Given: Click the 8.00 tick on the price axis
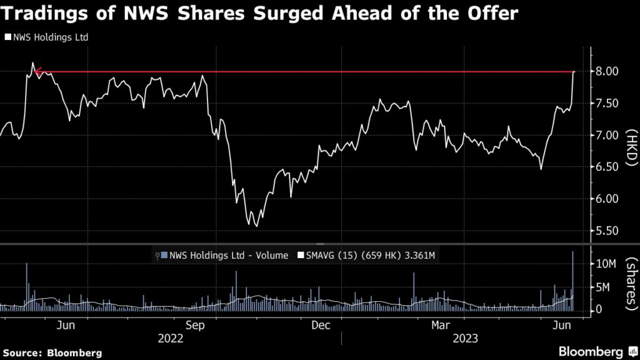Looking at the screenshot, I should pos(607,71).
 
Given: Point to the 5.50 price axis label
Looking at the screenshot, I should pos(607,231).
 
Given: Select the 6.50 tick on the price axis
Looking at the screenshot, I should pos(607,167).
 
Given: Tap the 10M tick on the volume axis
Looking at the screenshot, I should pos(603,264).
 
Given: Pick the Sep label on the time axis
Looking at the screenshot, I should pos(196,325).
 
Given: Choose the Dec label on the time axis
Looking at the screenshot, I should pos(321,325).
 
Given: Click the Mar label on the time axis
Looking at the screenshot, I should pos(441,325).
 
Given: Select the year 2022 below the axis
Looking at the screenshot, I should pos(171,339).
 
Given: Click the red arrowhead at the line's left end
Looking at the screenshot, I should pos(37,72).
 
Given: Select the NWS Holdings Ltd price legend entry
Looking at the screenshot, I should pos(47,37).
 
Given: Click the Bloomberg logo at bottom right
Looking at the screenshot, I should pos(591,352).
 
